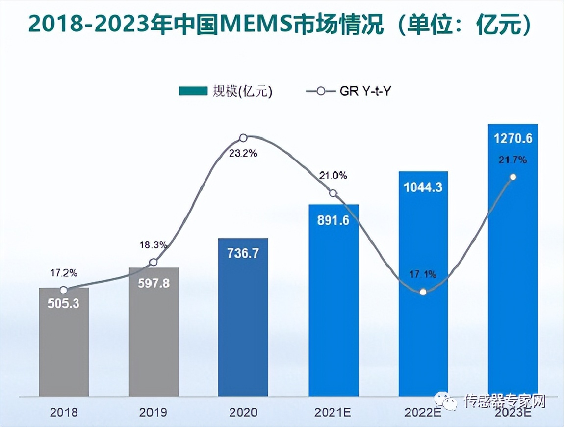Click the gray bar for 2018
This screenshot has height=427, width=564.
tap(64, 344)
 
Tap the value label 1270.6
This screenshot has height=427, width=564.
tap(513, 139)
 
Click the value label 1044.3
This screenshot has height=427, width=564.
tap(423, 187)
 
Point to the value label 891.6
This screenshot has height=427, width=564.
tap(333, 220)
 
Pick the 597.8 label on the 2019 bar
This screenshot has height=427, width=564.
tap(154, 283)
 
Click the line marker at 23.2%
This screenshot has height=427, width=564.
tap(243, 138)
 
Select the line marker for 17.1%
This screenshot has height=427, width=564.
tap(423, 292)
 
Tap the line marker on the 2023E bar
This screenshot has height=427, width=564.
tap(513, 177)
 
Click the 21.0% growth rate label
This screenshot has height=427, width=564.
tap(333, 175)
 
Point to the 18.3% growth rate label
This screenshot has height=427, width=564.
tap(154, 244)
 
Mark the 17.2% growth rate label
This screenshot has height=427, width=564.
tap(63, 272)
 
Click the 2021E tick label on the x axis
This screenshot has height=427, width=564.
tap(333, 412)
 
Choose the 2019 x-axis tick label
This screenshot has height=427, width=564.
tap(154, 412)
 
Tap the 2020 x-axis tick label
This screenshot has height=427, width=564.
tap(243, 412)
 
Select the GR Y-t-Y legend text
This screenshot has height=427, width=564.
tap(365, 91)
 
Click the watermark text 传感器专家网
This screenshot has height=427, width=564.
tap(505, 401)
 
